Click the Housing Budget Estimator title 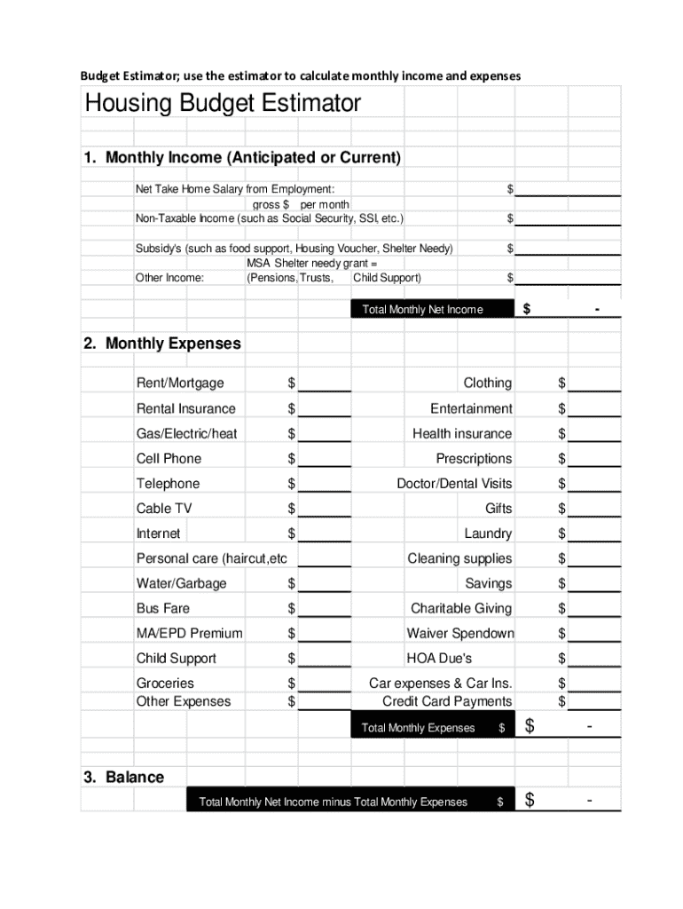point(223,104)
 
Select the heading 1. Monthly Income point(242,158)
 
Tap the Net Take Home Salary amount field point(568,189)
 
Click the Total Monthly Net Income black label point(423,309)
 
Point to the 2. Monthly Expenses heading point(162,344)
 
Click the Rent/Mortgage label point(180,383)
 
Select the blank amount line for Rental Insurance point(325,409)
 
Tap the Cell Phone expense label point(169,458)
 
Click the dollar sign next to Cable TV point(291,509)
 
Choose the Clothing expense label point(487,383)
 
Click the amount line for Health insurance point(594,434)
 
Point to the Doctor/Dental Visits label point(454,484)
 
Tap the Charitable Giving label point(461,608)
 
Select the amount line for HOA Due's point(594,659)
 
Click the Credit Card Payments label point(447,701)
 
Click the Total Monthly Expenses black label point(419,728)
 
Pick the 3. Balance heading point(124,777)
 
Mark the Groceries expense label point(165,683)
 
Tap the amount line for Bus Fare point(325,609)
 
